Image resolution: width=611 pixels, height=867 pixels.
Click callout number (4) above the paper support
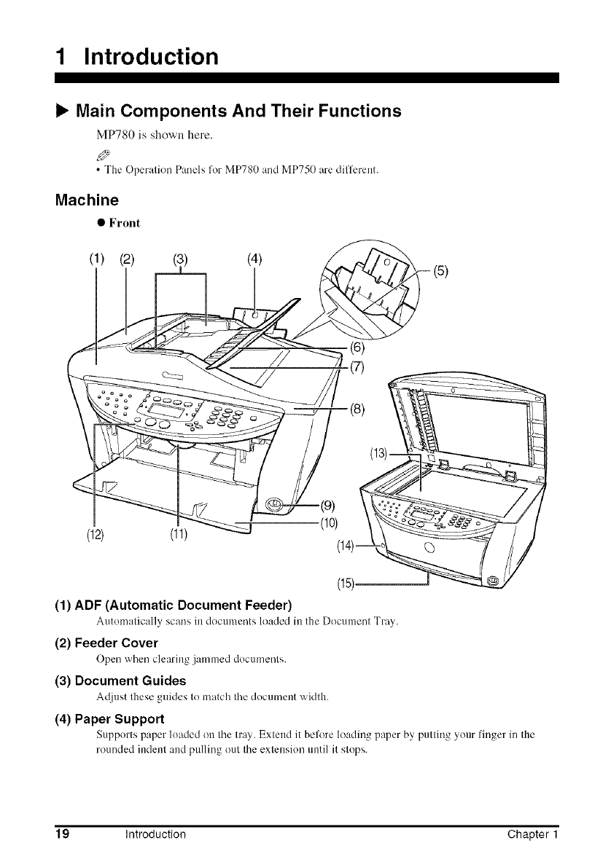pyautogui.click(x=254, y=258)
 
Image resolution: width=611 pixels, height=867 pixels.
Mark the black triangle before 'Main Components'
pyautogui.click(x=62, y=111)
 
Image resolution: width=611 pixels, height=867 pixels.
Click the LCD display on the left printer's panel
pyautogui.click(x=158, y=423)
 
